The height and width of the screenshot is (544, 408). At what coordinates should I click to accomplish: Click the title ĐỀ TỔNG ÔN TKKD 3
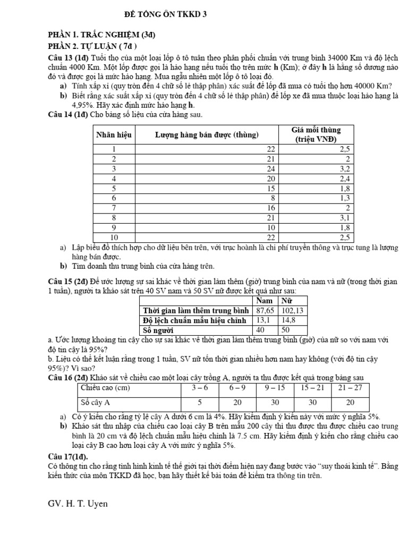point(166,15)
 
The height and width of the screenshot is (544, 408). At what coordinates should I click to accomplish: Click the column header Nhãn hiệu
point(114,134)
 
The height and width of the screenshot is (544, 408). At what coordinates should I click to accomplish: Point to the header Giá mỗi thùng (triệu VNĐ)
point(316,134)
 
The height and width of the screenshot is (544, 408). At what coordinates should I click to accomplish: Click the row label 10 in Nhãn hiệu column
point(114,237)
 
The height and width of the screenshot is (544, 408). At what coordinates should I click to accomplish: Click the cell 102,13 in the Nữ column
point(292,310)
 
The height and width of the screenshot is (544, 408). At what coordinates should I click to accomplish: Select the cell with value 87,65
point(265,310)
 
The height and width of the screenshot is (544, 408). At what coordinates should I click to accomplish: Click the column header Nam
point(265,301)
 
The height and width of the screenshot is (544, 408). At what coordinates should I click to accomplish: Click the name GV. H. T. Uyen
point(77,504)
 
